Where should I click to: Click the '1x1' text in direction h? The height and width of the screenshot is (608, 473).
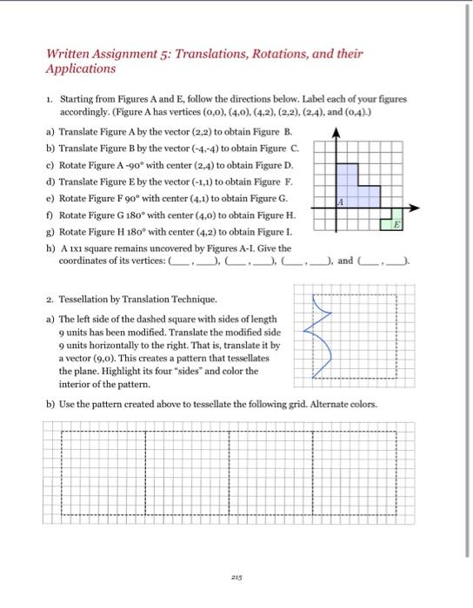click(73, 248)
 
